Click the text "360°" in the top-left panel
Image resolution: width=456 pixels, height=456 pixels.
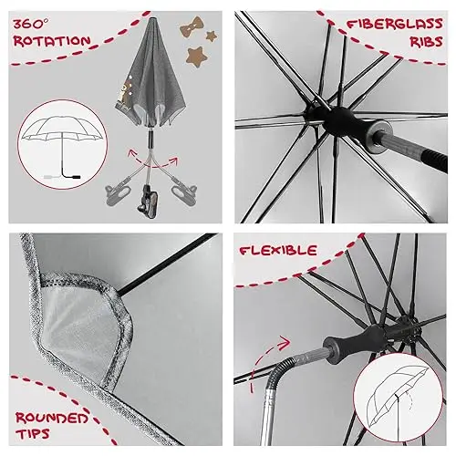pyautogui.click(x=30, y=25)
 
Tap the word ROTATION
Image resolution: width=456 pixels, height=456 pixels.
pyautogui.click(x=52, y=41)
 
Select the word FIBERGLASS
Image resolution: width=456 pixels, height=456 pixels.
pyautogui.click(x=395, y=25)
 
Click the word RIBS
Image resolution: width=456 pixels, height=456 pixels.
pyautogui.click(x=426, y=42)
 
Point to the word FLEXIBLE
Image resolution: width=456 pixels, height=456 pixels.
pyautogui.click(x=278, y=251)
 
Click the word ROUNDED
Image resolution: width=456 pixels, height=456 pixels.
pyautogui.click(x=52, y=419)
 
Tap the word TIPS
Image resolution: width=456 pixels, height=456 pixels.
pyautogui.click(x=33, y=433)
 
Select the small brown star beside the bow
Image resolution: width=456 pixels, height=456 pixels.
pyautogui.click(x=212, y=36)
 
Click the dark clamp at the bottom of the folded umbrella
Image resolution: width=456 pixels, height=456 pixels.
pyautogui.click(x=148, y=202)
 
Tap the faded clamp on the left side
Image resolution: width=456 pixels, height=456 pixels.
pyautogui.click(x=118, y=190)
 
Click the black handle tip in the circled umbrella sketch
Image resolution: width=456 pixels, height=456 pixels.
pyautogui.click(x=75, y=177)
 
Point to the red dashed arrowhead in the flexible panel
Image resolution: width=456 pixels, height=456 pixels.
pyautogui.click(x=285, y=343)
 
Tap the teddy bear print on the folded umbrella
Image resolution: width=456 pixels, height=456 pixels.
pyautogui.click(x=124, y=91)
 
